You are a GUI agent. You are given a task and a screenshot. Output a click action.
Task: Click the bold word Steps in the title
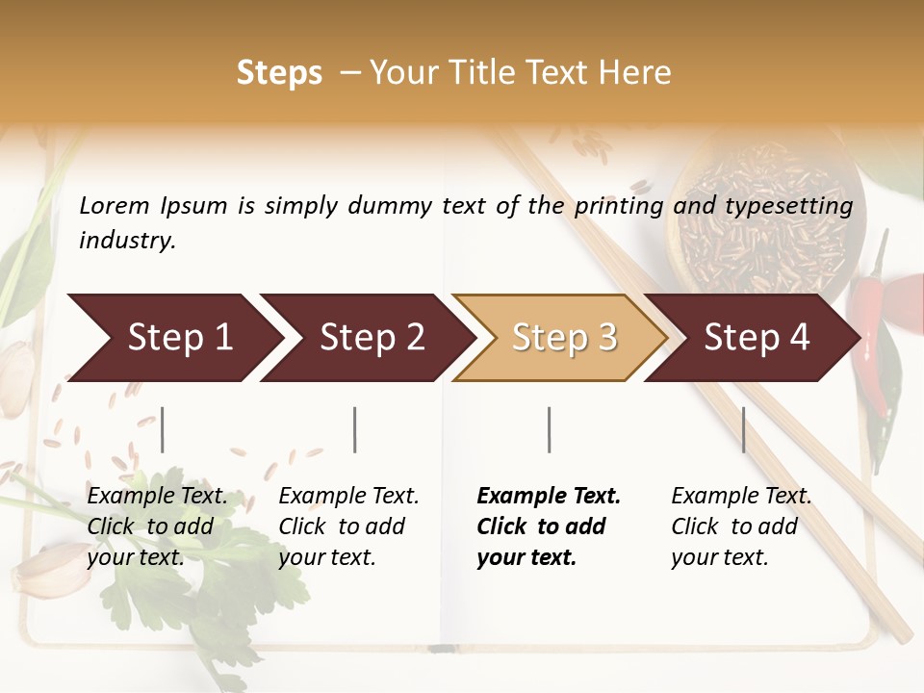pyautogui.click(x=279, y=73)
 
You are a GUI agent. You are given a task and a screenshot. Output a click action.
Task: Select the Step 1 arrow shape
pyautogui.click(x=173, y=338)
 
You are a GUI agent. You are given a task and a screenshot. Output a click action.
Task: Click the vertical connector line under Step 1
pyautogui.click(x=163, y=429)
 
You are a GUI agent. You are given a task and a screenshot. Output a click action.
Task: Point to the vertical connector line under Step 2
pyautogui.click(x=355, y=429)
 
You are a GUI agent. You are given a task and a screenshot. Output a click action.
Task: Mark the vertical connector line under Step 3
pyautogui.click(x=550, y=429)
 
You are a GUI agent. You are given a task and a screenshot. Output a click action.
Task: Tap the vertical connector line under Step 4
pyautogui.click(x=744, y=429)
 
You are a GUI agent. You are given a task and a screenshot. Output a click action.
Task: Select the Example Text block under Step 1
pyautogui.click(x=157, y=526)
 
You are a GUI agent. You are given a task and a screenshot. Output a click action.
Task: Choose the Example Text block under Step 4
pyautogui.click(x=741, y=526)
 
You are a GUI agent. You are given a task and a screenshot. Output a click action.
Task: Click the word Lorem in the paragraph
pyautogui.click(x=115, y=206)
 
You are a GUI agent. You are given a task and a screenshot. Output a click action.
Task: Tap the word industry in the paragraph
pyautogui.click(x=127, y=241)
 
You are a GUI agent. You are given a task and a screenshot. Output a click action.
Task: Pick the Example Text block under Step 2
pyautogui.click(x=348, y=526)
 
